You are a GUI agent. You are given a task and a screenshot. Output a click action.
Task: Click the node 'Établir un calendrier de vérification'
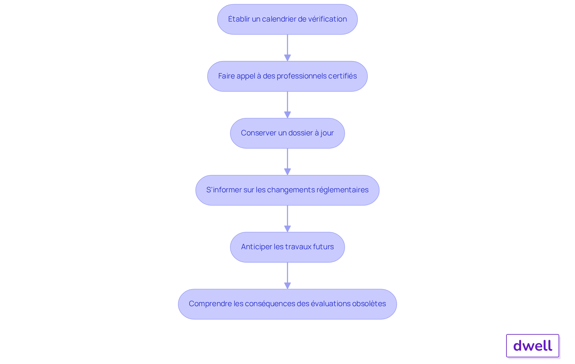click(x=287, y=19)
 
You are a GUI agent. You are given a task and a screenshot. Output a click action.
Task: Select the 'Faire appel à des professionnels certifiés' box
click(x=287, y=76)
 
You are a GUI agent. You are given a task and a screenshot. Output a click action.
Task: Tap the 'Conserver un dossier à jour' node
click(x=287, y=133)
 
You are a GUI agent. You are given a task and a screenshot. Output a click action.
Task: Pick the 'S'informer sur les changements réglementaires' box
click(x=287, y=190)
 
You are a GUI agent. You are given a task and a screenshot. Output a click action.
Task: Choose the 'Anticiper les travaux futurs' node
click(x=287, y=247)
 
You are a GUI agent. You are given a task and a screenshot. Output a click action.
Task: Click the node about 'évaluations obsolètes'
click(x=287, y=304)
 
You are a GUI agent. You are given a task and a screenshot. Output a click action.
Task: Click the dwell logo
click(x=533, y=346)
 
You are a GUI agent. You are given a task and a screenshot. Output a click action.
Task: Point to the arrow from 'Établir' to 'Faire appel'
click(x=287, y=48)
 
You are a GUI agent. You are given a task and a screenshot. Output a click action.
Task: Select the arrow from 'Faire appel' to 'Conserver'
click(x=287, y=105)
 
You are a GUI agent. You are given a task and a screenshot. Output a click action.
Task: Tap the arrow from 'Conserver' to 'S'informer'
click(x=287, y=162)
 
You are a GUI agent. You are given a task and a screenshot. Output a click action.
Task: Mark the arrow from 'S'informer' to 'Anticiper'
click(x=287, y=219)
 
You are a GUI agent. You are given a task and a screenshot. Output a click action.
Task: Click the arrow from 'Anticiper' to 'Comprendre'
click(x=287, y=276)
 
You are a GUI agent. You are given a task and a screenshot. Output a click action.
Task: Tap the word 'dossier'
click(x=301, y=133)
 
